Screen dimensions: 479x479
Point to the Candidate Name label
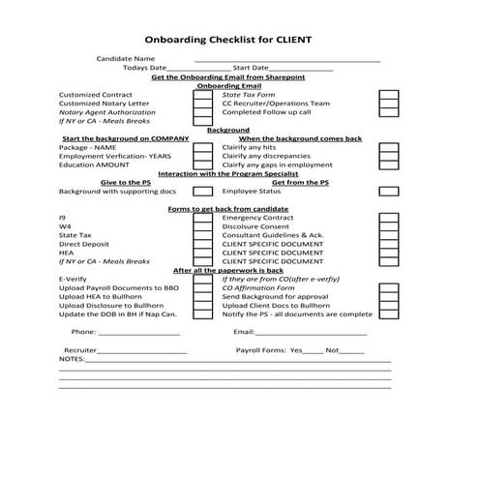click(x=126, y=59)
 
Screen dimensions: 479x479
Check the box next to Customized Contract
click(x=202, y=96)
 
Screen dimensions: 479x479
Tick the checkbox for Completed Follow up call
click(x=388, y=112)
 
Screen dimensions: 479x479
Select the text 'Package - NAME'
click(x=87, y=147)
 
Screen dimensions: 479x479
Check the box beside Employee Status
click(x=388, y=192)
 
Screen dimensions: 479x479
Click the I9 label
click(x=63, y=218)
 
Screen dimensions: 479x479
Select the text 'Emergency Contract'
click(x=255, y=218)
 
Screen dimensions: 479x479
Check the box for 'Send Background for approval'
click(x=388, y=297)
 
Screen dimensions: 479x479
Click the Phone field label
click(x=83, y=332)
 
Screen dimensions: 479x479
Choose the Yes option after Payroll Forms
click(x=296, y=349)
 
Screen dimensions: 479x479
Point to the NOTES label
click(x=72, y=358)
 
